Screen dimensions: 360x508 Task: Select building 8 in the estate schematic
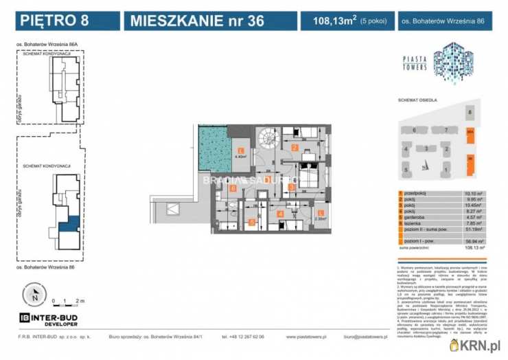470,111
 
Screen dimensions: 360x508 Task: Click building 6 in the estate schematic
414,130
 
